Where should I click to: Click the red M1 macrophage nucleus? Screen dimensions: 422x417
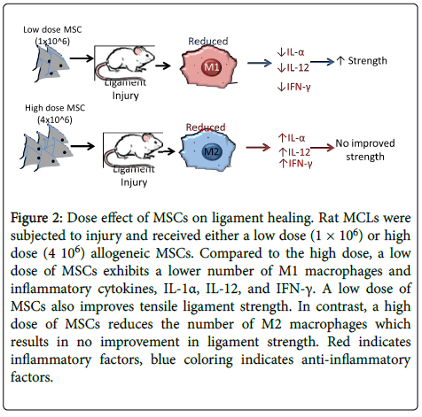pos(212,66)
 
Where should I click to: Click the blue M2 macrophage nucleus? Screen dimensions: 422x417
pos(212,151)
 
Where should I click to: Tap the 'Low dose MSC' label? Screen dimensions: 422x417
pos(52,29)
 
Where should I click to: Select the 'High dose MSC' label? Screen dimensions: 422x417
pos(55,108)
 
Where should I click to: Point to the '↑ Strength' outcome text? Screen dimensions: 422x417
pos(362,61)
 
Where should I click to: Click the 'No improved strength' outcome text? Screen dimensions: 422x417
pos(365,150)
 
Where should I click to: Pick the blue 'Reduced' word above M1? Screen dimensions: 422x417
pos(208,41)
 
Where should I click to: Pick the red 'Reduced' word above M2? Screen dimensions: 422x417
pos(206,127)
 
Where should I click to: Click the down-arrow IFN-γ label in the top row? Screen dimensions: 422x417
pos(294,87)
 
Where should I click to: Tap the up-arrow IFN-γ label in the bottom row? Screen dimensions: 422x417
pos(295,163)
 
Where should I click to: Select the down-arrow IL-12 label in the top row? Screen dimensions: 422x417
pos(293,67)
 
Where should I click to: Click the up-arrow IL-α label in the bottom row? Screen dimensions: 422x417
pos(292,138)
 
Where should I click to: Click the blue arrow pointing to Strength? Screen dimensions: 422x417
pos(323,62)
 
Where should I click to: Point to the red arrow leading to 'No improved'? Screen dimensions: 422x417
pos(323,147)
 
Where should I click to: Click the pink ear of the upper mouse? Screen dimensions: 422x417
pos(138,51)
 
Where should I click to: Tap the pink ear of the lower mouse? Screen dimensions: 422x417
pos(146,137)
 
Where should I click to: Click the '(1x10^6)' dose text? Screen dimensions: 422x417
pos(52,42)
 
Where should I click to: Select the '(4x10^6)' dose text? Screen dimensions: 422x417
pos(55,120)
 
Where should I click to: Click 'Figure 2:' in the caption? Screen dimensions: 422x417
pos(36,218)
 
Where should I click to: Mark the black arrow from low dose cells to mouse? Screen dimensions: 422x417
pos(82,58)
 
